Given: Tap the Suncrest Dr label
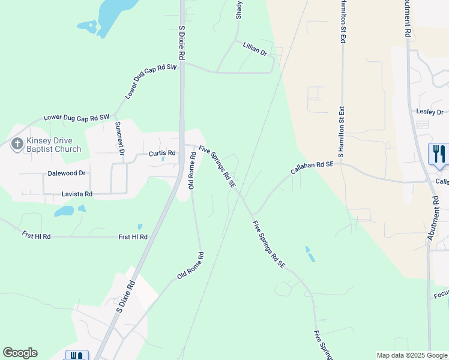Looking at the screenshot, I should coord(119,138).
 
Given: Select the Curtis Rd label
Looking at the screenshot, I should coord(162,154).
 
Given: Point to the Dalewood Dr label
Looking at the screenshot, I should coord(67,173).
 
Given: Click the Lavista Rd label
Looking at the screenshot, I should coord(77,194).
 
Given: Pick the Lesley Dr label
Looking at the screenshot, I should coord(429,112).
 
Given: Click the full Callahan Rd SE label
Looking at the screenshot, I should coord(312,167).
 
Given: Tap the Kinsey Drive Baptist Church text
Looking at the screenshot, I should coord(53,145).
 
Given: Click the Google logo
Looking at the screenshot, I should coord(20,353).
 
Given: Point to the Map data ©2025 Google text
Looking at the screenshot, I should coord(412,355).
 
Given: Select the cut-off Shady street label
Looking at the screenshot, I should coord(239,9).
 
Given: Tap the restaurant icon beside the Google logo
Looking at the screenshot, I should coord(76,355).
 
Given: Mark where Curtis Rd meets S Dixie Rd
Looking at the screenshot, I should coord(182,146).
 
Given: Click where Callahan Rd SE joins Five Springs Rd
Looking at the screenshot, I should coord(253,214).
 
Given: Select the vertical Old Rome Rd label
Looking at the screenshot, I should coord(192,170).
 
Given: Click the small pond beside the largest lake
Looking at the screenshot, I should coord(87,26).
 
